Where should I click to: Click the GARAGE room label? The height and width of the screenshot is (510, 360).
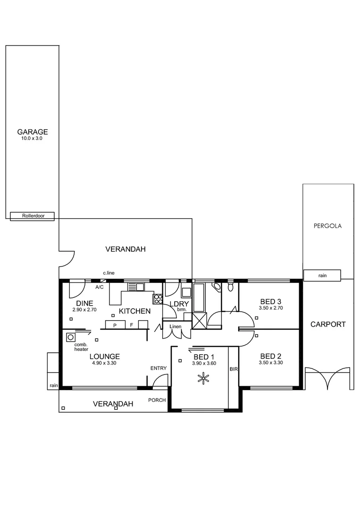[x=33, y=132]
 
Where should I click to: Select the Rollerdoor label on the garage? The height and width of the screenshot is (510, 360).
[x=33, y=216]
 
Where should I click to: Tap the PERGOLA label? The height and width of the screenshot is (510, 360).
[x=327, y=226]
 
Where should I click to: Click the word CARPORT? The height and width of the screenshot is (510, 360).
[x=327, y=324]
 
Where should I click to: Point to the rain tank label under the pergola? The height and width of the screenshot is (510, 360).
[x=323, y=275]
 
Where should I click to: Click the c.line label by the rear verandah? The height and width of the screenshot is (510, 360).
[x=109, y=273]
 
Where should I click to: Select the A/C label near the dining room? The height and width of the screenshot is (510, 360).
[x=100, y=287]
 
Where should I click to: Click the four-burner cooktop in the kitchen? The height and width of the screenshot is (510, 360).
[x=157, y=298]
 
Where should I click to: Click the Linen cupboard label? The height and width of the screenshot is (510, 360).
[x=175, y=326]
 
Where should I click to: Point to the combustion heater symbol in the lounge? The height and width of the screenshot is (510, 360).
[x=71, y=337]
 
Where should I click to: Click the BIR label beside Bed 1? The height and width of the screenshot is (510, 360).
[x=234, y=369]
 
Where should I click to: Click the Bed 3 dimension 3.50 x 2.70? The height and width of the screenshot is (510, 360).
[x=271, y=308]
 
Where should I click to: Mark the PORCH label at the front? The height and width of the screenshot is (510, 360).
[x=157, y=400]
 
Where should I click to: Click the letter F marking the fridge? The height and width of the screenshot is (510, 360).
[x=131, y=325]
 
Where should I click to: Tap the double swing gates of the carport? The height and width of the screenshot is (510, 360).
[x=329, y=378]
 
